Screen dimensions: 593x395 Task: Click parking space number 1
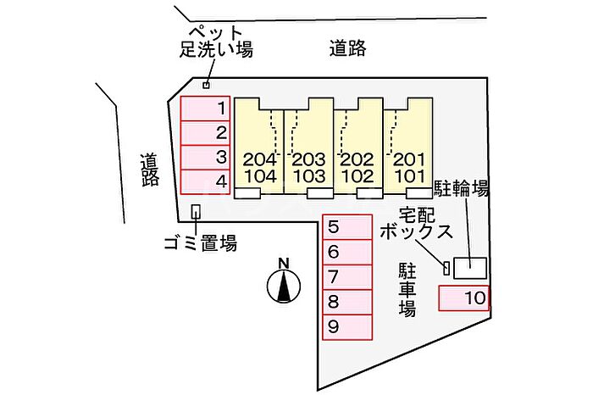[x=205, y=108]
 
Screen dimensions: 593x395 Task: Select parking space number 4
[x=205, y=182]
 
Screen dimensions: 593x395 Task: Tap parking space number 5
[x=347, y=227]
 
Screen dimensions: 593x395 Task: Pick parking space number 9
[x=347, y=327]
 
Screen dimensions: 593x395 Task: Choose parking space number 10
[x=463, y=298]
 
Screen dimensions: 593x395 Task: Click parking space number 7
[x=347, y=277]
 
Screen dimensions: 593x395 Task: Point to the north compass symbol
[x=284, y=281]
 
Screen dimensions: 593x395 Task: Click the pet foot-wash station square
[x=206, y=85]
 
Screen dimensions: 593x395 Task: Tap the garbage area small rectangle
[x=196, y=212]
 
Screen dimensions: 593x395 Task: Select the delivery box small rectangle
[x=446, y=268]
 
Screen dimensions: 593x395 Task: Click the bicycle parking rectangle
[x=470, y=268]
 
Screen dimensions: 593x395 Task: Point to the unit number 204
[x=260, y=159]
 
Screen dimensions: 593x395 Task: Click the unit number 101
[x=409, y=176]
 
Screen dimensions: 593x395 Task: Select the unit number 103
[x=309, y=176]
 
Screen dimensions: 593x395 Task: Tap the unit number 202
[x=357, y=159]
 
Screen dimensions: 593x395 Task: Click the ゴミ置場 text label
[x=201, y=243]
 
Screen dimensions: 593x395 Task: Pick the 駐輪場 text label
[x=462, y=188]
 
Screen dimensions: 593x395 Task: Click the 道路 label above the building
[x=347, y=48]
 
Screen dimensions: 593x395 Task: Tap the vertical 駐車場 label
[x=407, y=290]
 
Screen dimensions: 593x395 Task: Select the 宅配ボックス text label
[x=417, y=224]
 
